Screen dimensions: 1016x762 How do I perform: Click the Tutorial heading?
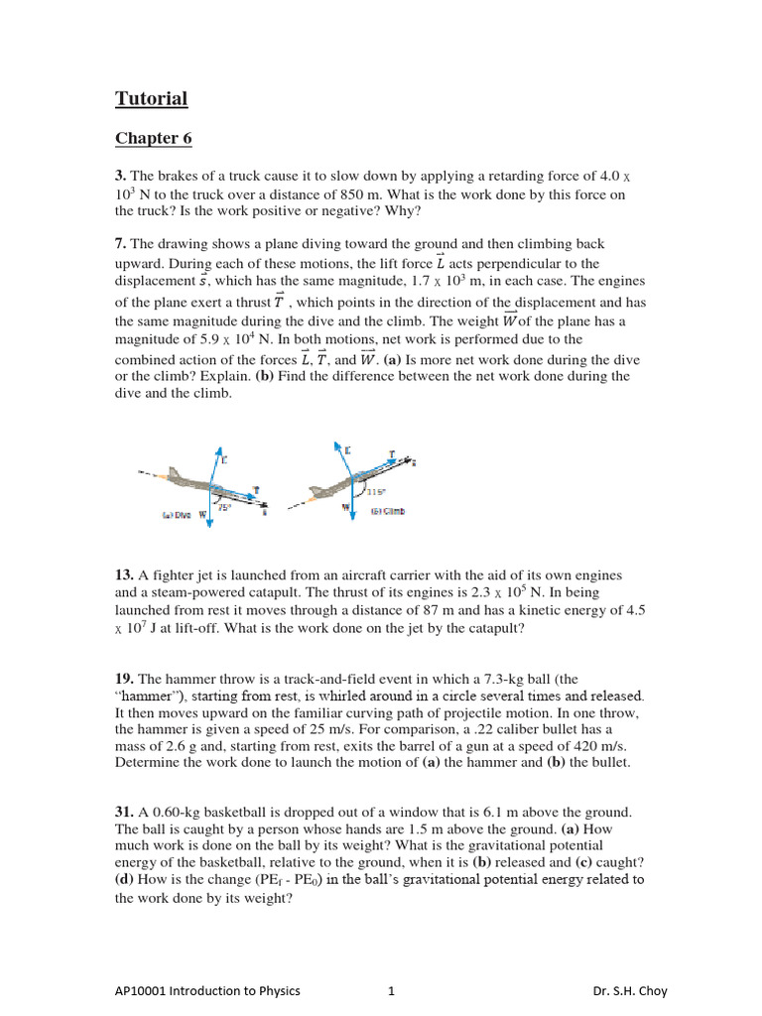pos(151,98)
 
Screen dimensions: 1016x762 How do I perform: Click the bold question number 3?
pos(120,177)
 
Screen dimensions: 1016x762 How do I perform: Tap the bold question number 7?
pos(120,244)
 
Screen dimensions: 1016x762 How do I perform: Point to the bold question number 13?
pos(124,576)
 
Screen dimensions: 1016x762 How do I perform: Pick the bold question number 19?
pos(124,680)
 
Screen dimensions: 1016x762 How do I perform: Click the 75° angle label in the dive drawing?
pos(226,507)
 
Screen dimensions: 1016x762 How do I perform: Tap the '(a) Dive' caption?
pos(177,515)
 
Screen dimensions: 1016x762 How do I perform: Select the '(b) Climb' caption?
pos(388,512)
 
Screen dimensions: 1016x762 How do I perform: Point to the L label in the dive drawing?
pos(224,459)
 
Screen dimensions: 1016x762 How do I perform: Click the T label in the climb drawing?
pos(392,453)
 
